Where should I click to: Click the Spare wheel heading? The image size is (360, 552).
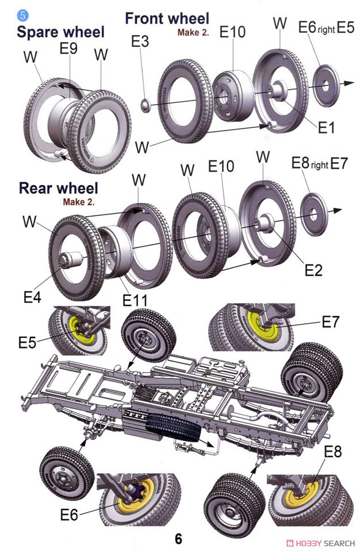pyautogui.click(x=60, y=32)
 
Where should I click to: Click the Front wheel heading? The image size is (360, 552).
pyautogui.click(x=167, y=18)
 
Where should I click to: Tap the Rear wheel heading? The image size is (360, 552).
pyautogui.click(x=58, y=188)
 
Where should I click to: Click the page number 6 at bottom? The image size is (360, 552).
pyautogui.click(x=179, y=539)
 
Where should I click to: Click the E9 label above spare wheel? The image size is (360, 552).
pyautogui.click(x=68, y=49)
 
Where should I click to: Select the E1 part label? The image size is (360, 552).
pyautogui.click(x=326, y=128)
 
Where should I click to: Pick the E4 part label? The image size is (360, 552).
pyautogui.click(x=32, y=297)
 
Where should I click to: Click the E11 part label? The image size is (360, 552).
pyautogui.click(x=135, y=300)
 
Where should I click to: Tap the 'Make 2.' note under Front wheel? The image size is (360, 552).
pyautogui.click(x=193, y=33)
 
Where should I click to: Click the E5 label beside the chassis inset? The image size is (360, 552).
pyautogui.click(x=28, y=343)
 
